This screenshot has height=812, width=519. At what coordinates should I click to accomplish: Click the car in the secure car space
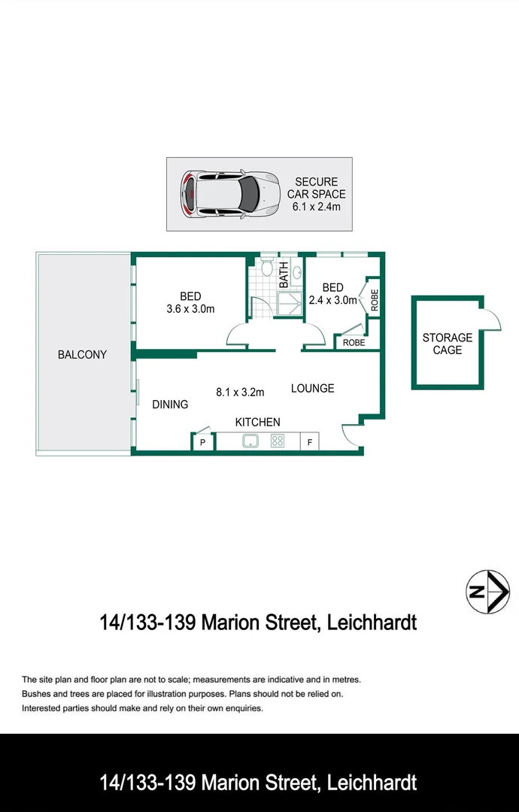pyautogui.click(x=230, y=194)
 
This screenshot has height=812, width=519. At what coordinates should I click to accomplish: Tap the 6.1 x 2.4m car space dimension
pyautogui.click(x=317, y=208)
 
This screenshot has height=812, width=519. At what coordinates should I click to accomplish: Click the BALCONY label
pyautogui.click(x=82, y=355)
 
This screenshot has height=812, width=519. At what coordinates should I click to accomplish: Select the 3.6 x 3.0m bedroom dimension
pyautogui.click(x=190, y=309)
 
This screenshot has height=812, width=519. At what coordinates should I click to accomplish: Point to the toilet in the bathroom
pyautogui.click(x=267, y=267)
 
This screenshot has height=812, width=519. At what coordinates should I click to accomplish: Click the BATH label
pyautogui.click(x=284, y=275)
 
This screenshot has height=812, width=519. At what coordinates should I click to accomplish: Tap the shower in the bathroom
pyautogui.click(x=290, y=304)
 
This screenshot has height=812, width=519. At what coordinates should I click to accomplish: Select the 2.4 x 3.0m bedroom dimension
pyautogui.click(x=332, y=300)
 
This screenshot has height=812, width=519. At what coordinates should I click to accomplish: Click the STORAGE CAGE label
pyautogui.click(x=448, y=344)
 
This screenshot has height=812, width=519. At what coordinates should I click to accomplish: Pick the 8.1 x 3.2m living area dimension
pyautogui.click(x=240, y=392)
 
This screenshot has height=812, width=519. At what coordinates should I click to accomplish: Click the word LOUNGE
pyautogui.click(x=312, y=389)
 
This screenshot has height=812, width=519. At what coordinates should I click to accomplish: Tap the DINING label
pyautogui.click(x=170, y=404)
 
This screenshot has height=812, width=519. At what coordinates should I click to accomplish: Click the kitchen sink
pyautogui.click(x=251, y=441)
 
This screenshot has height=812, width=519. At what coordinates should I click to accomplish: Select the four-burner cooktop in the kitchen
pyautogui.click(x=278, y=441)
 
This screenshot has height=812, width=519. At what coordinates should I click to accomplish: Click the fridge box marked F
pyautogui.click(x=310, y=442)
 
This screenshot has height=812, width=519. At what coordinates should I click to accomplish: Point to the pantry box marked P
pyautogui.click(x=203, y=442)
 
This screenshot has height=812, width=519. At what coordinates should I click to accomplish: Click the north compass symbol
pyautogui.click(x=487, y=592)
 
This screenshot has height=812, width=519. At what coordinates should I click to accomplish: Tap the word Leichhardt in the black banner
pyautogui.click(x=372, y=783)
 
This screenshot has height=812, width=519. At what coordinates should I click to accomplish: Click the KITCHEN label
pyautogui.click(x=257, y=423)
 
